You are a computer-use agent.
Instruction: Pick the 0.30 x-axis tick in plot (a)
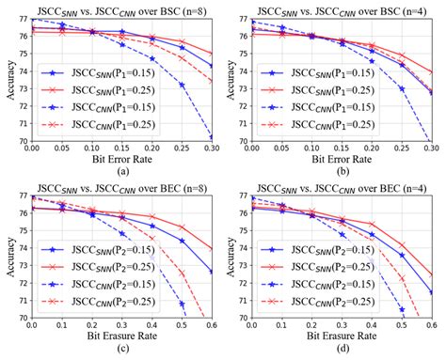[x=209, y=149]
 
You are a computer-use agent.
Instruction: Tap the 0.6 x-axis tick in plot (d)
[x=432, y=326]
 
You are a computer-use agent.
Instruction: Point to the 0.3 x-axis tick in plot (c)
[x=120, y=326]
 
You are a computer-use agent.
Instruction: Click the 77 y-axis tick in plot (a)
[x=21, y=19]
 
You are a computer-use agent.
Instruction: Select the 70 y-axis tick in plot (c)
[x=21, y=317]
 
